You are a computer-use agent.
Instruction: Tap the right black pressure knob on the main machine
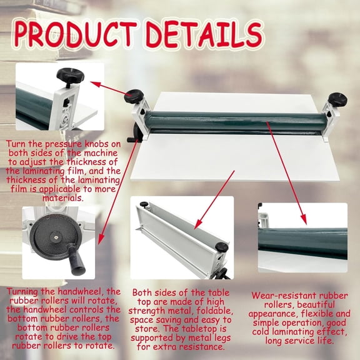[338, 99]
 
